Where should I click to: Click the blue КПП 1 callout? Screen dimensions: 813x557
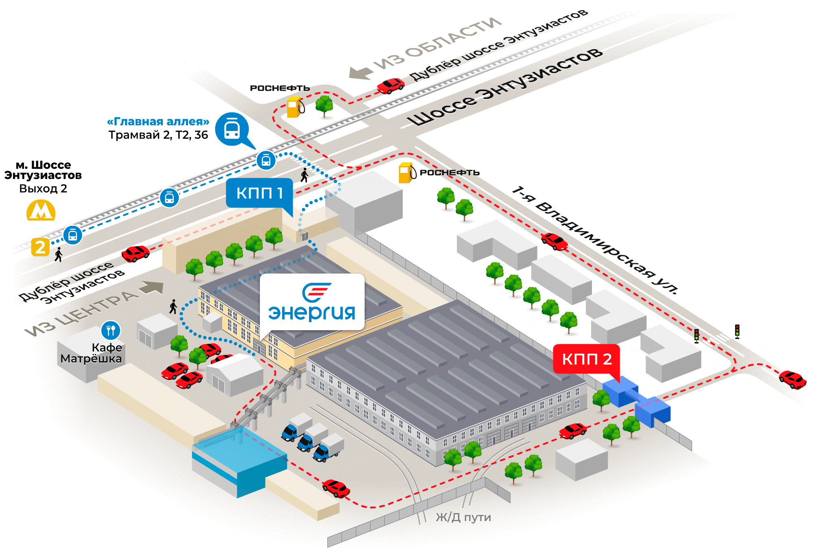click(x=259, y=193)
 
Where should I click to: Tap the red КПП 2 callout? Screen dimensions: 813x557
click(x=586, y=359)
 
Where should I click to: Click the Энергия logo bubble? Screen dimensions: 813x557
click(x=312, y=302)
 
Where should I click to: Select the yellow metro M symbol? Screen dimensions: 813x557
click(x=41, y=210)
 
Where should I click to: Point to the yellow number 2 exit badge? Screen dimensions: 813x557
click(x=40, y=247)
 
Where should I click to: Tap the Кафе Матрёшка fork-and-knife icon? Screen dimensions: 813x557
click(x=110, y=330)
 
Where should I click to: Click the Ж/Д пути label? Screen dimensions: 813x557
click(x=463, y=517)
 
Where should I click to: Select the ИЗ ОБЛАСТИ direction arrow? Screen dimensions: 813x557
click(x=361, y=72)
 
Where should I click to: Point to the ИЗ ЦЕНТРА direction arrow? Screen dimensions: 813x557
click(x=151, y=287)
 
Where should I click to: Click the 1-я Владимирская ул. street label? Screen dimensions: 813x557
click(x=595, y=240)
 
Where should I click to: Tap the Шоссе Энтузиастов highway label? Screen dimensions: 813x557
click(x=505, y=87)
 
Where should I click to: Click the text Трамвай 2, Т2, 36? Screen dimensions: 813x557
click(x=158, y=135)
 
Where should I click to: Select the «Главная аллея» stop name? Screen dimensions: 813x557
click(x=158, y=121)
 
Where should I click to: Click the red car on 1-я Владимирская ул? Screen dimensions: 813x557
click(x=554, y=241)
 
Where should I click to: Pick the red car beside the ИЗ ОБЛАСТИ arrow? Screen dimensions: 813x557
click(x=391, y=85)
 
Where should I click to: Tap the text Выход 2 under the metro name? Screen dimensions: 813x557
click(x=43, y=188)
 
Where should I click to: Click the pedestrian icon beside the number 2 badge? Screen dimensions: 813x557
click(x=59, y=254)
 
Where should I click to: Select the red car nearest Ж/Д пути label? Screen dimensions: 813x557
click(x=336, y=488)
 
